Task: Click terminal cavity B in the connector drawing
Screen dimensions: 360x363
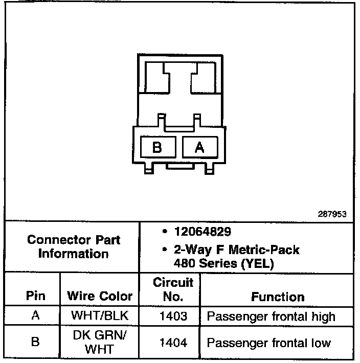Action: pyautogui.click(x=157, y=148)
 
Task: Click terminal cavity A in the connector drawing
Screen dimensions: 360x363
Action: pyautogui.click(x=200, y=148)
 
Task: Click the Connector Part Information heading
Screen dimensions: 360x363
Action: pyautogui.click(x=74, y=246)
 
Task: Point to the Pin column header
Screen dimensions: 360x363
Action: pyautogui.click(x=35, y=296)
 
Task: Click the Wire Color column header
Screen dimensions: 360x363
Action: pyautogui.click(x=100, y=296)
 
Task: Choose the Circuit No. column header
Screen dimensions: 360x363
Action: pyautogui.click(x=169, y=289)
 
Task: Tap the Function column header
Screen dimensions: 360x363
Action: pyautogui.click(x=278, y=297)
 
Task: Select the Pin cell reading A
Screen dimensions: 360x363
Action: pyautogui.click(x=35, y=315)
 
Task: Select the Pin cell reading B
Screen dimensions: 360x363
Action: pyautogui.click(x=35, y=342)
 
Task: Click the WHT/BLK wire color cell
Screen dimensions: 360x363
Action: pyautogui.click(x=100, y=316)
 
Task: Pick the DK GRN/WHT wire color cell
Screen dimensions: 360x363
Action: pyautogui.click(x=100, y=342)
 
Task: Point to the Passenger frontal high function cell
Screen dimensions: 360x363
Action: pyautogui.click(x=271, y=316)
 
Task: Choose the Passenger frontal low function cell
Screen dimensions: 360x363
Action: pyautogui.click(x=268, y=343)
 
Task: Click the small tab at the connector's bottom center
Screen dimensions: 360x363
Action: pyautogui.click(x=179, y=166)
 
